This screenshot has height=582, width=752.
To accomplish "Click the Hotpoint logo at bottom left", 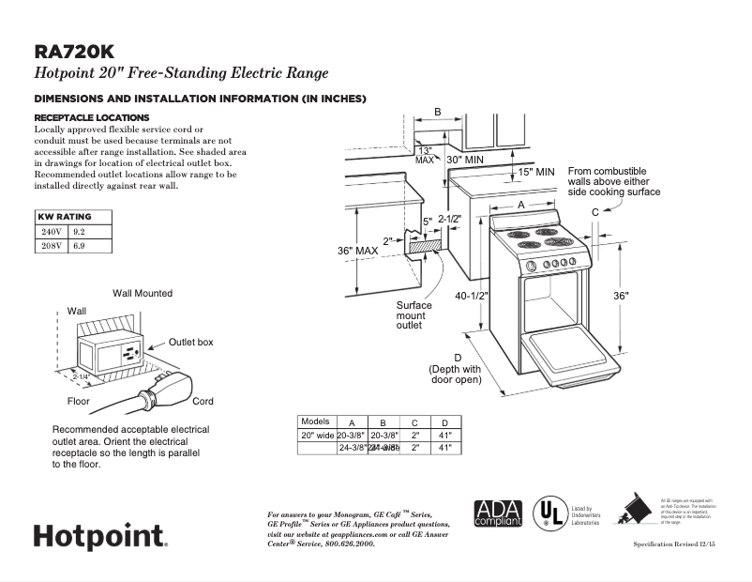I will tap(100, 537).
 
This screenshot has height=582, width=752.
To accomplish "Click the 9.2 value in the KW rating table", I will tap(79, 231).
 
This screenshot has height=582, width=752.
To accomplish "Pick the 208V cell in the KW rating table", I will tap(51, 246).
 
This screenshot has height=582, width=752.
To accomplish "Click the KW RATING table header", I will tap(65, 217).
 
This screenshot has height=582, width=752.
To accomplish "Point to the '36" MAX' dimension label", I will tap(357, 252).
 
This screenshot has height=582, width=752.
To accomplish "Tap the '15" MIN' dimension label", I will tap(536, 172).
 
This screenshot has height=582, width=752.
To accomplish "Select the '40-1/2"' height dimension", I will tap(473, 295).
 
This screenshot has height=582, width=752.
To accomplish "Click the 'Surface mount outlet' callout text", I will tap(414, 315).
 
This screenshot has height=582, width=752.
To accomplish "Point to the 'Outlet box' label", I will tap(191, 343).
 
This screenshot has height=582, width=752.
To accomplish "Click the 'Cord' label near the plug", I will tap(203, 401).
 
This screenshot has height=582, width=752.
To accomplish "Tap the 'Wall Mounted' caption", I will tap(143, 293).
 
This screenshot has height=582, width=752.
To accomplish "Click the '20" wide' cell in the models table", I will tap(317, 436).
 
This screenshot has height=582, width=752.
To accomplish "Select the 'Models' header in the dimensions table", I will tap(316, 421).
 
